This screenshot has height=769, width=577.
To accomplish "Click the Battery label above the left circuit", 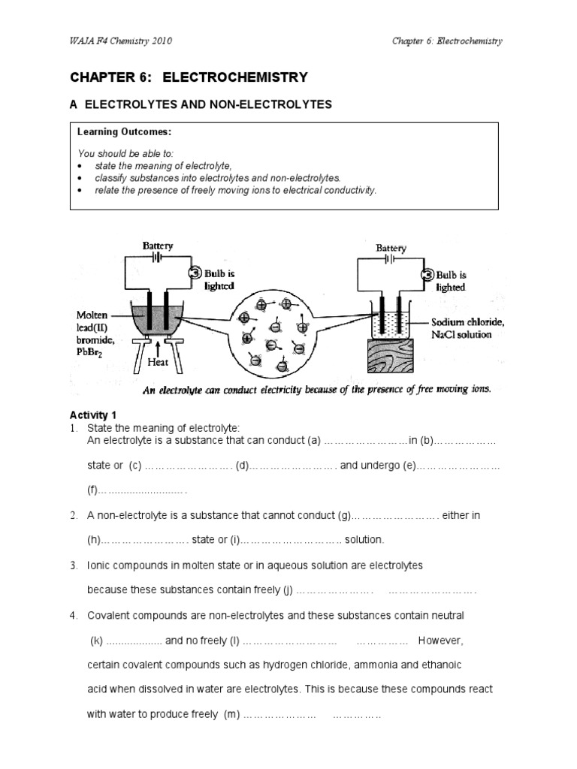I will (x=158, y=246).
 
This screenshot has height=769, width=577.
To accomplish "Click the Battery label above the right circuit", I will (x=391, y=248).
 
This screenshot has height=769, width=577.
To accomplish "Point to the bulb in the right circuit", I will (x=427, y=275).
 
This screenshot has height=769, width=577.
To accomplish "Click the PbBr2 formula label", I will (x=92, y=349).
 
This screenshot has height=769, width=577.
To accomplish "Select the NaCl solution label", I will (x=461, y=334).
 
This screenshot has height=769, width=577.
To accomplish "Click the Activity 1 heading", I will (x=94, y=415).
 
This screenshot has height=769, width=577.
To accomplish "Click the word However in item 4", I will (x=441, y=641).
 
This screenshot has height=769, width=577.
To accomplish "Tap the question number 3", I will (x=74, y=565).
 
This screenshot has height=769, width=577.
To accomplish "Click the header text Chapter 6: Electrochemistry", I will (x=447, y=41).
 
